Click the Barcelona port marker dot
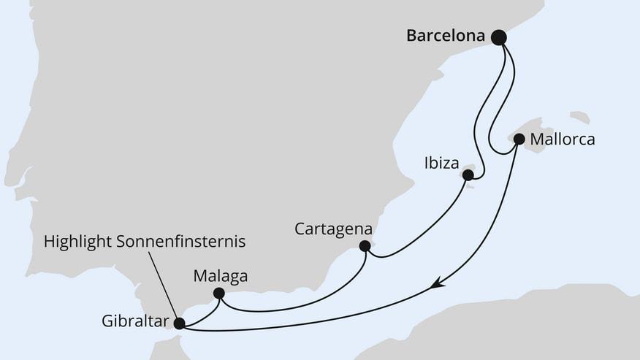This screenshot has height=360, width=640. point(499,37)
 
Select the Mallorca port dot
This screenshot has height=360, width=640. point(519,139)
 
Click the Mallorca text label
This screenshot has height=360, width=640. point(563,139)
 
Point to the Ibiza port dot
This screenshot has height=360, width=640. point(468,175)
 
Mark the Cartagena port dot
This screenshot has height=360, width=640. point(365,247)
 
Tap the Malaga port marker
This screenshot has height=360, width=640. point(218,294)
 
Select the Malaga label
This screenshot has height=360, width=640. point(221,276)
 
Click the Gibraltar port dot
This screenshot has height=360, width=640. point(180,322)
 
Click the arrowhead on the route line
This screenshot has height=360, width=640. point(438,283)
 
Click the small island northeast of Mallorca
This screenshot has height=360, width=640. point(580,117)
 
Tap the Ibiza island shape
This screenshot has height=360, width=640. point(472,172)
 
